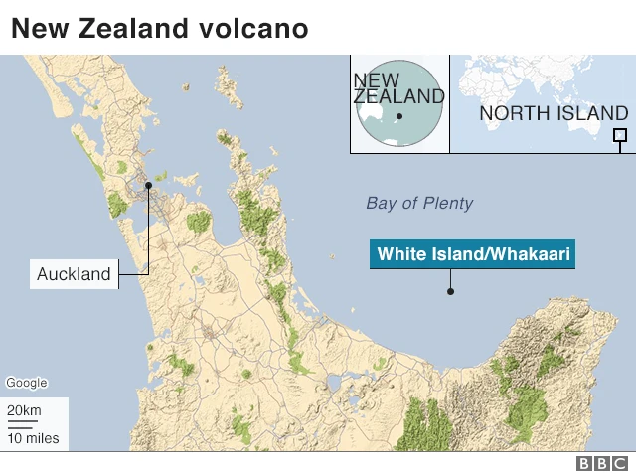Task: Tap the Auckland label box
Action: [x=74, y=274]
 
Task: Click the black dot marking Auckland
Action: [x=148, y=185]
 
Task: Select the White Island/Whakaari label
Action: [x=473, y=255]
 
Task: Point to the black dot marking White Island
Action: [x=450, y=291]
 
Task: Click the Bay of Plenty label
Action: [x=419, y=204]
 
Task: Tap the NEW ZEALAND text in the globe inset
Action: [x=398, y=88]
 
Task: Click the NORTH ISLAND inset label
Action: [x=554, y=113]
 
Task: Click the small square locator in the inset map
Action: [x=620, y=136]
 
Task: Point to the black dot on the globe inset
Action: [x=398, y=116]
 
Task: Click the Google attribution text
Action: [x=26, y=383]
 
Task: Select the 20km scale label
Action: [x=24, y=411]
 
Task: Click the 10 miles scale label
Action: [x=33, y=437]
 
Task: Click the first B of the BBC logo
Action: [x=584, y=463]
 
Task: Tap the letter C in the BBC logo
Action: [x=620, y=463]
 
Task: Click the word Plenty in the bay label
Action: [x=447, y=204]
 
